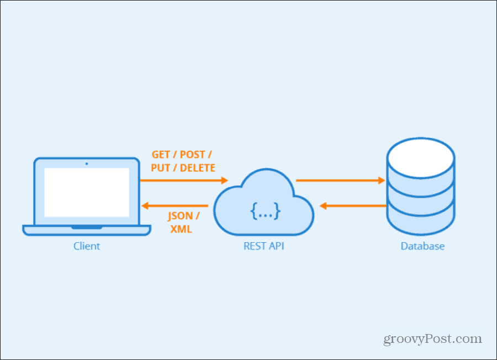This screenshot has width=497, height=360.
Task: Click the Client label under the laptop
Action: pos(87,246)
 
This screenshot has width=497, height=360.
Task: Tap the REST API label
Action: pos(264,246)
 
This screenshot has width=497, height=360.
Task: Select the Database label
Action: pos(422,246)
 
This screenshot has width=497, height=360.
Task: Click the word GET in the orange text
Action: pos(161,155)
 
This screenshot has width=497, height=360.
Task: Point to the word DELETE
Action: pos(198,168)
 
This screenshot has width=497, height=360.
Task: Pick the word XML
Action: pos(181,229)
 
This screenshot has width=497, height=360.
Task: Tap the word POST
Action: pos(192,155)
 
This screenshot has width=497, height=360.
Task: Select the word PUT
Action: pos(161,168)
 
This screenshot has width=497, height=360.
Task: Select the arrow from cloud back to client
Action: pos(175,205)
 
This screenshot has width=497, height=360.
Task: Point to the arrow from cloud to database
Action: pos(340,180)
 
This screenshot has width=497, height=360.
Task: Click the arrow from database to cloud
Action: pos(353,205)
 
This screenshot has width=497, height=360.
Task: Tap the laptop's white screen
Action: pos(87,192)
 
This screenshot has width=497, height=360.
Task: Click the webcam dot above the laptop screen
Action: pos(87,163)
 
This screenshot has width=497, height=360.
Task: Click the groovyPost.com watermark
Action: pos(433,339)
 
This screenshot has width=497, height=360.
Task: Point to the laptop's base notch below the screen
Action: pos(87,227)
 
